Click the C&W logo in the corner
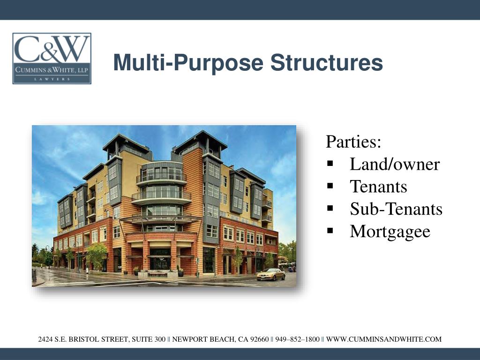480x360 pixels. pos(52,58)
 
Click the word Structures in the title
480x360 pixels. pos(326,63)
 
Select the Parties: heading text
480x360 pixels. pos(353,142)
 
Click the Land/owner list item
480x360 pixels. pos(394,165)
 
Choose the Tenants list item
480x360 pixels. pos(378,187)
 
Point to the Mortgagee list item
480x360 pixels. pos(390,232)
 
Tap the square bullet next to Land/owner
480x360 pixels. pos(330,164)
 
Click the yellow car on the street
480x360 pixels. pos(270,275)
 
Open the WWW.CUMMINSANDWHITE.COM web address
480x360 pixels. pos(383,339)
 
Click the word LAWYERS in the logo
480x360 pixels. pos(52,79)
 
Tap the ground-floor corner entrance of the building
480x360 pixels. pos(160,262)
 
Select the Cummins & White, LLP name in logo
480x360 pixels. pos(52,70)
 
